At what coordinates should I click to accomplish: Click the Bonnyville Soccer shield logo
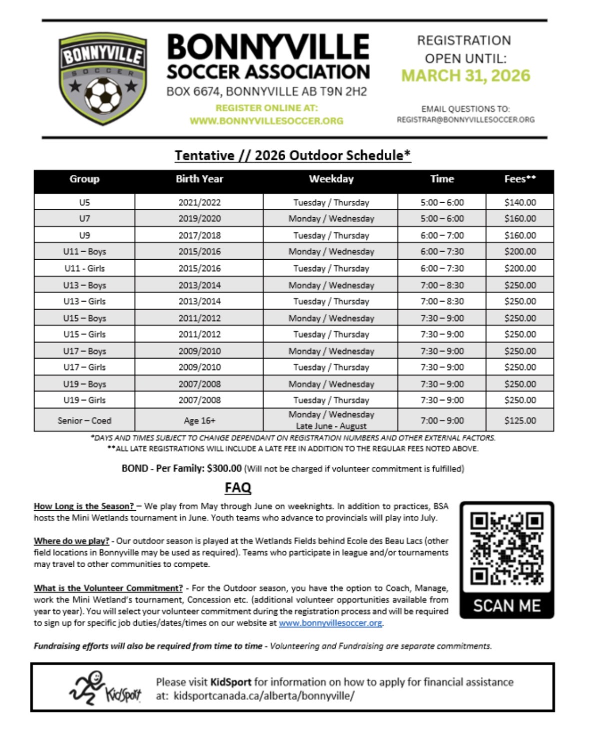coord(102,79)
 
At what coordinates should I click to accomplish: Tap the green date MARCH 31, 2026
coord(466,76)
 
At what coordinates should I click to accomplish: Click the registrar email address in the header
coord(466,120)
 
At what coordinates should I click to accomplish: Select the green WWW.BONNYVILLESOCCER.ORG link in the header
coord(266,121)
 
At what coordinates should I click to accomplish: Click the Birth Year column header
coord(199,179)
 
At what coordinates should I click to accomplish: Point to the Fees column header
coord(520,179)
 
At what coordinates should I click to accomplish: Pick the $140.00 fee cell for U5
coord(520,203)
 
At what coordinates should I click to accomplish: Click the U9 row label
coord(84,235)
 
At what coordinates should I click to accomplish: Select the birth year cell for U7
coord(199,219)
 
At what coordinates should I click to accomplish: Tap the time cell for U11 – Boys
coord(442,252)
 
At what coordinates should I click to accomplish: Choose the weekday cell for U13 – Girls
coord(331,302)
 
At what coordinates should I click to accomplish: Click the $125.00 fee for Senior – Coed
coord(520,420)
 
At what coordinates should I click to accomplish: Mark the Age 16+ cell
coord(199,420)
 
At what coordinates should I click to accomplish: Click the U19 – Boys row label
coord(84,384)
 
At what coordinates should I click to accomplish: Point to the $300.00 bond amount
coord(224,468)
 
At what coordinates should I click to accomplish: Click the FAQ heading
coord(238,487)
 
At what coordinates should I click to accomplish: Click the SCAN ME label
coord(507,606)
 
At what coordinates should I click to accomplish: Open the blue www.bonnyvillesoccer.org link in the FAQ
coord(330,623)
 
